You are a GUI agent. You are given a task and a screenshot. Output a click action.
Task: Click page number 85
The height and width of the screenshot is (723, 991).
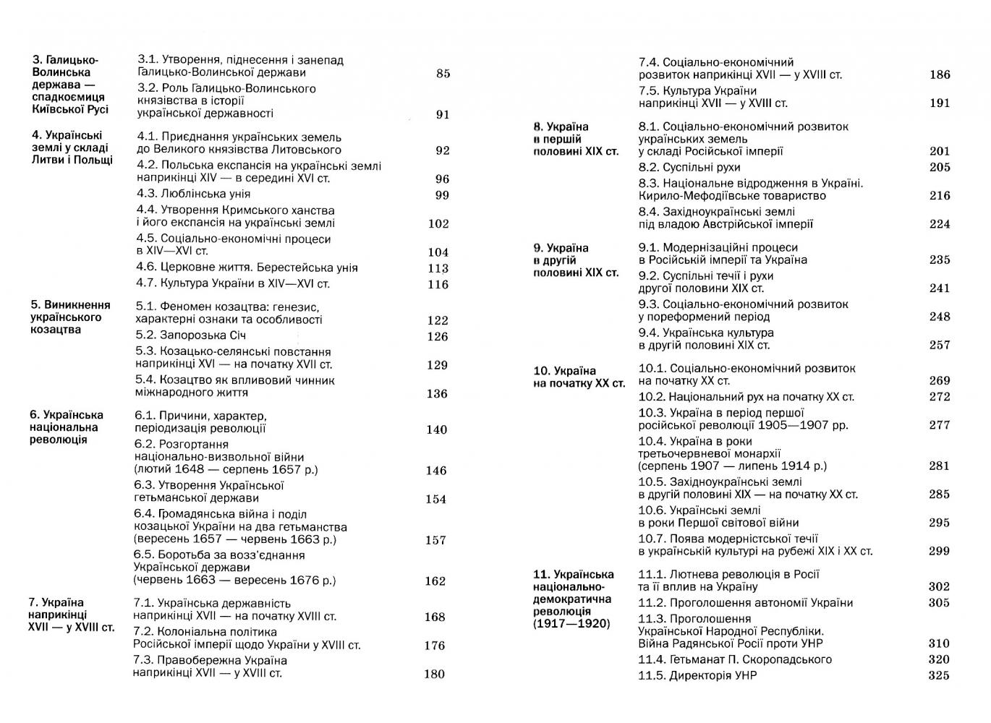pyautogui.click(x=443, y=73)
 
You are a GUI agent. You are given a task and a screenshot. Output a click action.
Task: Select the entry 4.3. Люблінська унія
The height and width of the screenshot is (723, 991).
pyautogui.click(x=193, y=194)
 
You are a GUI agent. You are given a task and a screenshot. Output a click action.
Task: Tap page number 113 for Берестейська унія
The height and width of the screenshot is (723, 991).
pyautogui.click(x=438, y=268)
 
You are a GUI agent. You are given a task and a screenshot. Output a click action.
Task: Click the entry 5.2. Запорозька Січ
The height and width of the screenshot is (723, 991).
pyautogui.click(x=191, y=335)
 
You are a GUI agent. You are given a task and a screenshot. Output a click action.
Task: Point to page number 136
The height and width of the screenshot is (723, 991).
pyautogui.click(x=438, y=393)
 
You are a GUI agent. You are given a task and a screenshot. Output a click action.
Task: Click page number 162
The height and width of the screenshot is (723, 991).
pyautogui.click(x=435, y=581)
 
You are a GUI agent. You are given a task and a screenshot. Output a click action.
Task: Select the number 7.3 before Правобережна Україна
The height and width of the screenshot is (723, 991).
pyautogui.click(x=143, y=660)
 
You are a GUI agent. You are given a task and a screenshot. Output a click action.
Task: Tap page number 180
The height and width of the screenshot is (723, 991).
pyautogui.click(x=434, y=674)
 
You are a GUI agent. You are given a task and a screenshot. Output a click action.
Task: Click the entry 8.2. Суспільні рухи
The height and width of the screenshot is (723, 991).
pyautogui.click(x=689, y=167)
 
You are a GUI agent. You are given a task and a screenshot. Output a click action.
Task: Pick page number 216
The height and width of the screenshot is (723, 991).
pyautogui.click(x=940, y=195)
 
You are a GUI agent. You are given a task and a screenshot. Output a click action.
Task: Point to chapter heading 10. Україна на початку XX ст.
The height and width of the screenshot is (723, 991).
pyautogui.click(x=579, y=377)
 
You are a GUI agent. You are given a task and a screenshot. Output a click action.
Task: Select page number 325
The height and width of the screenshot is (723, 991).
pyautogui.click(x=939, y=675)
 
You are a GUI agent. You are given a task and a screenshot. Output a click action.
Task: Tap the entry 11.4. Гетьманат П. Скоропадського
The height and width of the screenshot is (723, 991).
pyautogui.click(x=735, y=659)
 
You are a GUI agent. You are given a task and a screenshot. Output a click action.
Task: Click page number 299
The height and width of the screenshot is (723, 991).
pyautogui.click(x=939, y=551)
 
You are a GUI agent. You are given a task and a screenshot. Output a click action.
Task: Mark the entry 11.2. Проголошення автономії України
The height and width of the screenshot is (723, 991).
pyautogui.click(x=745, y=602)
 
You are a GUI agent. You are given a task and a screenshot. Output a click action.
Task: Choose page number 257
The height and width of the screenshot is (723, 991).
pyautogui.click(x=940, y=345)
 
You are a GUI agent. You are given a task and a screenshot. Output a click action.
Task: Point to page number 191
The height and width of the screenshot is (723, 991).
pyautogui.click(x=940, y=103)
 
